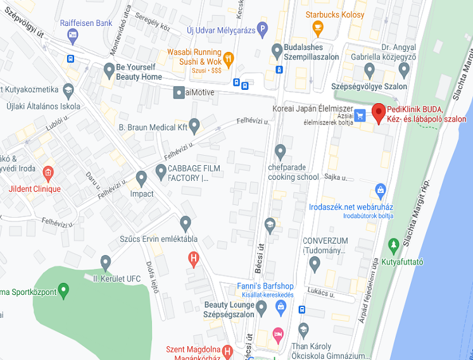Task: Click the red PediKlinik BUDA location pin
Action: (379, 112)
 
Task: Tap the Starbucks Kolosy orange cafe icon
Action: (317, 27)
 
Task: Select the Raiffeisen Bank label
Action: (86, 23)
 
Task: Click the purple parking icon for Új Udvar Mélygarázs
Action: (262, 28)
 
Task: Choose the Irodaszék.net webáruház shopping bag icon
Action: (381, 189)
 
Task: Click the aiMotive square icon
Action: (179, 92)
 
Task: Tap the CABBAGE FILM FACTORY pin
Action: (160, 170)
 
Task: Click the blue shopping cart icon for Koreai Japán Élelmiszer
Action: (360, 115)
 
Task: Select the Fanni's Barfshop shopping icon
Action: (281, 306)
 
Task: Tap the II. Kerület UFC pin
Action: (106, 261)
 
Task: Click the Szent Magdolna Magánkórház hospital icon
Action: (228, 349)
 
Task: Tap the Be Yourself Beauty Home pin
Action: (109, 68)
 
